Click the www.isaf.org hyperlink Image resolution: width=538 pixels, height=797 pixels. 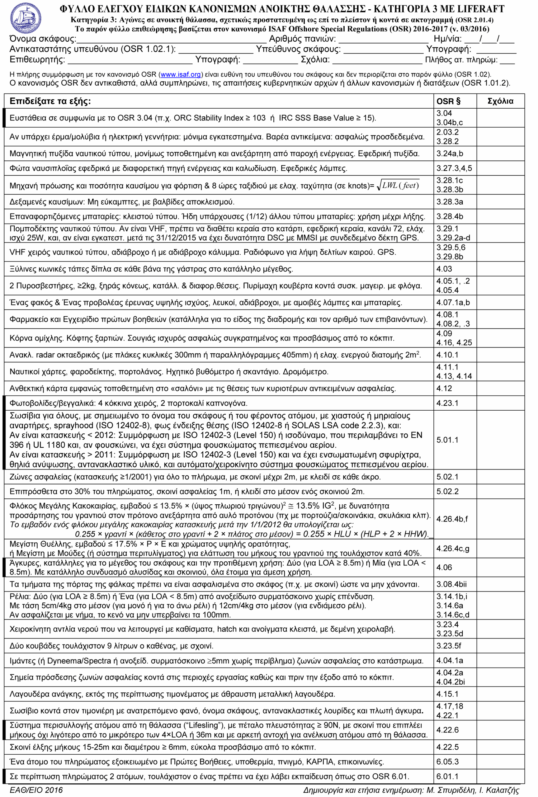[x=180, y=74]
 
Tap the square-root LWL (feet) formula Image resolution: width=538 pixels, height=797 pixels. [x=398, y=186]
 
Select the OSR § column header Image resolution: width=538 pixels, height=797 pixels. [x=448, y=101]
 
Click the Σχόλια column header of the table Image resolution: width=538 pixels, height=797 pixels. [x=500, y=101]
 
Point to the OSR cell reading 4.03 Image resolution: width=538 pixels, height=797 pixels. [x=444, y=269]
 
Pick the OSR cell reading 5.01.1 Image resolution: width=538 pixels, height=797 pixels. [x=447, y=440]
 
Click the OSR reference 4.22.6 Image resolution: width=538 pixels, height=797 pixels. [x=447, y=730]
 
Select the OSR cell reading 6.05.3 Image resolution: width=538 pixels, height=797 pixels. [x=447, y=762]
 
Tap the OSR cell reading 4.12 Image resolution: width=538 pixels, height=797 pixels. [x=444, y=388]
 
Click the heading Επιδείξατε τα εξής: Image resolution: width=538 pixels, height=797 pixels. [x=50, y=101]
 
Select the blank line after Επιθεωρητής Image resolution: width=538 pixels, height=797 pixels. [x=130, y=61]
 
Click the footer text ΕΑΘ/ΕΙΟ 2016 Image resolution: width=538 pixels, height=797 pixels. [x=36, y=790]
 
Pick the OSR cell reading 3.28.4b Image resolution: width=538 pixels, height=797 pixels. [x=450, y=216]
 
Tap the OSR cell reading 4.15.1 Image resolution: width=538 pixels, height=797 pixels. [x=447, y=694]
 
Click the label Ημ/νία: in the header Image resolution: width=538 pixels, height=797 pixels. [x=447, y=39]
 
